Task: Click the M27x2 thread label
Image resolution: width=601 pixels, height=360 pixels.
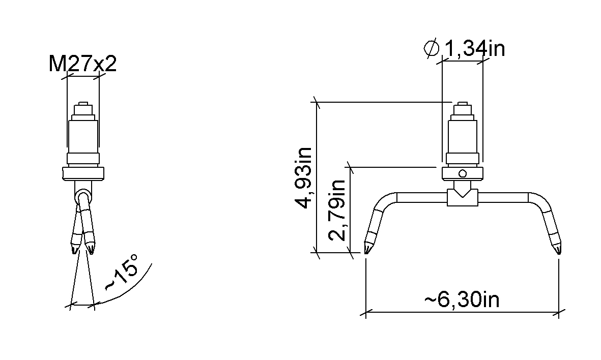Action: click(x=82, y=64)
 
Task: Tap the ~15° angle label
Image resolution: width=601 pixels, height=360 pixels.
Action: click(x=121, y=273)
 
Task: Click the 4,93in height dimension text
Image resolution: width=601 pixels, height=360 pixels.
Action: click(x=305, y=177)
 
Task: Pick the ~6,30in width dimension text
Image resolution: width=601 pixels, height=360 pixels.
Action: click(x=462, y=299)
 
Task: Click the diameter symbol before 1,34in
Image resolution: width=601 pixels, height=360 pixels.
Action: click(x=432, y=49)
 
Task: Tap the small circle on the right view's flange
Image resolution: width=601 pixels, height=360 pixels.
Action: click(x=463, y=173)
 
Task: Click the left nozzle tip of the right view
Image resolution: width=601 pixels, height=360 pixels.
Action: click(x=367, y=250)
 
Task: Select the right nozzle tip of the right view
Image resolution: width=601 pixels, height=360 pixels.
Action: click(x=558, y=250)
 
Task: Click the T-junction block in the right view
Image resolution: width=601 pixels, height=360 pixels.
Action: click(x=463, y=198)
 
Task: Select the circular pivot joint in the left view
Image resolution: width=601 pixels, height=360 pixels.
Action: click(x=83, y=197)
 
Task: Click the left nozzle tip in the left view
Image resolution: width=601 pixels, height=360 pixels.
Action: click(x=74, y=250)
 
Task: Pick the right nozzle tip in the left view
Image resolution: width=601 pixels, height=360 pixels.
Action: click(x=91, y=250)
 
